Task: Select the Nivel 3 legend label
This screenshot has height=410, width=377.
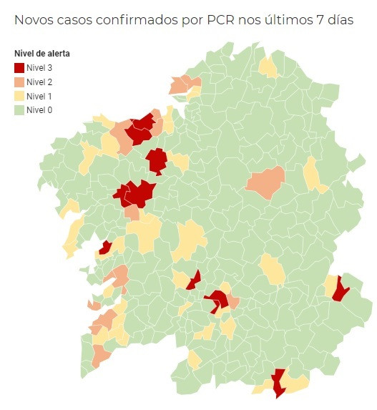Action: (39, 68)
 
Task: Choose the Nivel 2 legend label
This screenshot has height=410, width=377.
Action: (39, 82)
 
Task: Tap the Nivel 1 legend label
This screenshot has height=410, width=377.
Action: (39, 96)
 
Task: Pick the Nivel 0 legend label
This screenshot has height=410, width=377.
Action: (39, 110)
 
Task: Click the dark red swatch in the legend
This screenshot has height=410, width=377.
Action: (19, 68)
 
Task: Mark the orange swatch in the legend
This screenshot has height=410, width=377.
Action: (19, 82)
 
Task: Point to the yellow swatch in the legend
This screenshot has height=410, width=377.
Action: (19, 96)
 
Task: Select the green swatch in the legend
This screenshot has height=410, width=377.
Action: (19, 110)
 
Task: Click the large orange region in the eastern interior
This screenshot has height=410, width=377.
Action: (266, 182)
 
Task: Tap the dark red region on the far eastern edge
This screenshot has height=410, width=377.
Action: (340, 290)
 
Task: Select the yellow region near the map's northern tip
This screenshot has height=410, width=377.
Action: (269, 67)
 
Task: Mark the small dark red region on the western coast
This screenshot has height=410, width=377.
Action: (105, 248)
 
